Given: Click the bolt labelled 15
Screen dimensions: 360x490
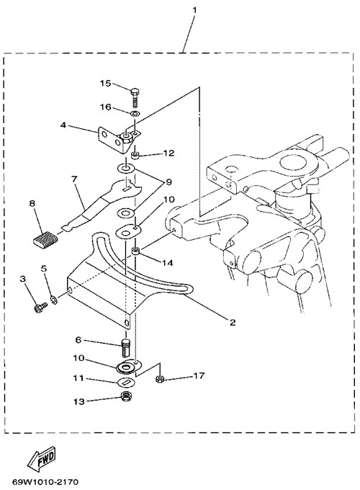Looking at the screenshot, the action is pos(135,97).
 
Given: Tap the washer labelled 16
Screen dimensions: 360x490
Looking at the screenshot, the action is pos(135,113).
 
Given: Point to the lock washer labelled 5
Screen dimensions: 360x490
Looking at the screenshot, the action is pos(54,299).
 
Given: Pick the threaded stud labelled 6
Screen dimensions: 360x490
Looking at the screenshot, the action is pos(125,347).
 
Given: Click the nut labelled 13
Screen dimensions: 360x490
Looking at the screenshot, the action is pos(127,397).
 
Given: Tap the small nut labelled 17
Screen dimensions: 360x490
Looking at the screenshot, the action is pos(160,379).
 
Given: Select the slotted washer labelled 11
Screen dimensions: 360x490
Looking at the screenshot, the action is pos(127,382).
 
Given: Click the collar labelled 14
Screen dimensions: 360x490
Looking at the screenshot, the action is pos(135,251).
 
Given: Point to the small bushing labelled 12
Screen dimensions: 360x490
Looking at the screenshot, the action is pos(135,155).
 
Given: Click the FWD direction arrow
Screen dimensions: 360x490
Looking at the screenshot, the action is pos(42,458).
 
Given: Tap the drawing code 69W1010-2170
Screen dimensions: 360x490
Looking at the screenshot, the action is pos(45,481).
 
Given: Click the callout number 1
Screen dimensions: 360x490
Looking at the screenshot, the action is pos(194,10).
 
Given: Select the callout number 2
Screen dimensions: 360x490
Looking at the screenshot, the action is pos(233,322).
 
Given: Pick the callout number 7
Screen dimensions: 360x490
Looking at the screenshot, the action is pos(73,179).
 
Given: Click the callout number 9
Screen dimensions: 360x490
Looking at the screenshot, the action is pos(168,182).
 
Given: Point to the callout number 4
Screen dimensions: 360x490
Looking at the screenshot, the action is pos(63,125).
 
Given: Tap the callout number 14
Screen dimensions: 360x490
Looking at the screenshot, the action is pos(167,263).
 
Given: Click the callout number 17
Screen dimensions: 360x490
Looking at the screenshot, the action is pos(199,375).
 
